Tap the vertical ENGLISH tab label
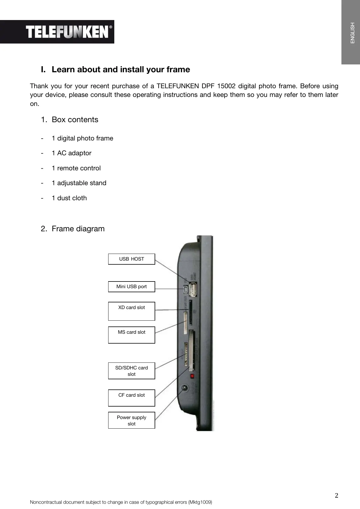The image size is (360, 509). (x=352, y=33)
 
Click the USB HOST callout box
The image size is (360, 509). (x=131, y=259)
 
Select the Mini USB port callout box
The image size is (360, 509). (x=131, y=286)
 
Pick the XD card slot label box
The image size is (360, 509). (x=131, y=311)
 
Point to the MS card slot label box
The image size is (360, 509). (x=131, y=335)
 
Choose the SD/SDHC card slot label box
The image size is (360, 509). (x=131, y=371)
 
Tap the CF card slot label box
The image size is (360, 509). (x=131, y=398)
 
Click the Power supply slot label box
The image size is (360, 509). (x=131, y=420)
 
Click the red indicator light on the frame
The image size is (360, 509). (x=192, y=376)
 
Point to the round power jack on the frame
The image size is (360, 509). (x=184, y=388)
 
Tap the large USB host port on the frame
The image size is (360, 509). (x=193, y=289)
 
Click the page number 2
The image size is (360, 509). (x=336, y=495)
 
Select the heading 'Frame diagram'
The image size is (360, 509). (x=78, y=229)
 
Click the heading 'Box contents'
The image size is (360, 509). (x=75, y=120)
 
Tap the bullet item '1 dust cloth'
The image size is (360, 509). (x=69, y=198)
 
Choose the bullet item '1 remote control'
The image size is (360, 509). (x=76, y=168)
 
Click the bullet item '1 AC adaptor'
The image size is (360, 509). (x=71, y=153)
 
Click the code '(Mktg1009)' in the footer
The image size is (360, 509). (x=200, y=502)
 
